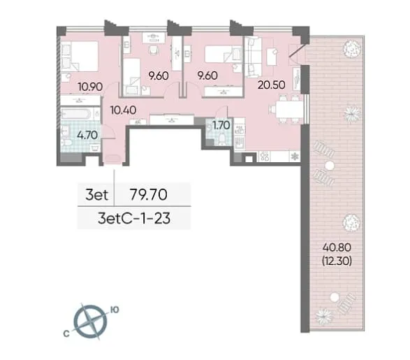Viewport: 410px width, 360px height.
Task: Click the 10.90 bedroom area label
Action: coord(90,87)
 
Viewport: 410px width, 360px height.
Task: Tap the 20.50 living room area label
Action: coord(272,85)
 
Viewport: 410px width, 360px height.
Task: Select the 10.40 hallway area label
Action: coord(123,110)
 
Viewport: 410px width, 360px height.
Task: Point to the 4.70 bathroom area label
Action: coord(87,135)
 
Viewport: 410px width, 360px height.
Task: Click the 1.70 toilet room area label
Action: coord(221,125)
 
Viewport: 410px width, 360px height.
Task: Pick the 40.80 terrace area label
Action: coord(337,247)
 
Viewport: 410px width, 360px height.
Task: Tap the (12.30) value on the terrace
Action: coord(337,261)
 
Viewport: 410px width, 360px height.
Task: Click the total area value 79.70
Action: coord(149,194)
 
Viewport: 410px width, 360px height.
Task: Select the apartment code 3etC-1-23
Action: coord(134,218)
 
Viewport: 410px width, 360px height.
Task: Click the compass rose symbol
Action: coord(91,322)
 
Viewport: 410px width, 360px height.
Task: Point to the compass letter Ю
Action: coord(115,310)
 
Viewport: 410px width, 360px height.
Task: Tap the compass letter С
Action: coord(66,333)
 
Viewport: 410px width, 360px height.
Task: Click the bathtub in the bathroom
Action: coord(77,114)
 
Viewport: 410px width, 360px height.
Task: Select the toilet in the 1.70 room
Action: coord(222,139)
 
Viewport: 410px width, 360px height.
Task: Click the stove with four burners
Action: coord(265,157)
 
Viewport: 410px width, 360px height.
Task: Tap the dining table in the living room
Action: coord(289,110)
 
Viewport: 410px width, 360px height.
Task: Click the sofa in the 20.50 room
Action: coord(253,57)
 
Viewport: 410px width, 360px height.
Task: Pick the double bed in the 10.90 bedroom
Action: coord(80,56)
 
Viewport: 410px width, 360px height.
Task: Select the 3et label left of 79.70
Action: coord(97,194)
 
